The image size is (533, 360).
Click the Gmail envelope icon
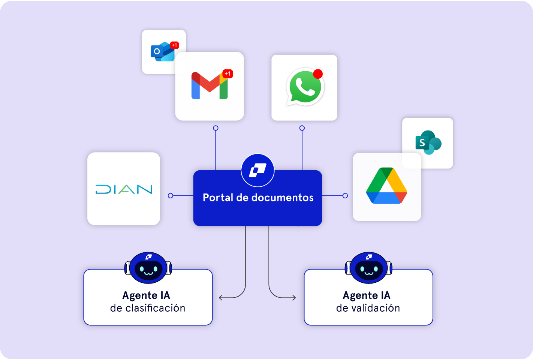(x=209, y=86)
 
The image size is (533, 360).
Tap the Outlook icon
(x=162, y=52)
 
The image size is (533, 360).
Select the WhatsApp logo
(x=304, y=87)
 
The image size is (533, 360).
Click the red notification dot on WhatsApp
(x=318, y=74)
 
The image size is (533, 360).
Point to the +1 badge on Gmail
(x=228, y=73)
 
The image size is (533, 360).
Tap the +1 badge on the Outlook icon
(x=174, y=45)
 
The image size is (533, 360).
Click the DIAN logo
(x=124, y=189)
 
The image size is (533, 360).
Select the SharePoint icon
(x=428, y=142)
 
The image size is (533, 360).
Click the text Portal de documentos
(x=258, y=198)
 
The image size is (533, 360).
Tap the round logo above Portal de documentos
(x=258, y=170)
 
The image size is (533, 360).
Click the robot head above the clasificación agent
(x=148, y=267)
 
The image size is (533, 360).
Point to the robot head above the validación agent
(x=369, y=267)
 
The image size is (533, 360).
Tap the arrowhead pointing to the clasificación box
(x=220, y=298)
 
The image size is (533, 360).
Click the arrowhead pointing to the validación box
(x=294, y=298)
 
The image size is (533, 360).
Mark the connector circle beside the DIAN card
(x=171, y=196)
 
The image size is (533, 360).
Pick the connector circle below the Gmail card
(x=216, y=128)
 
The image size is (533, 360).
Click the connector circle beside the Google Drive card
(x=345, y=196)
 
